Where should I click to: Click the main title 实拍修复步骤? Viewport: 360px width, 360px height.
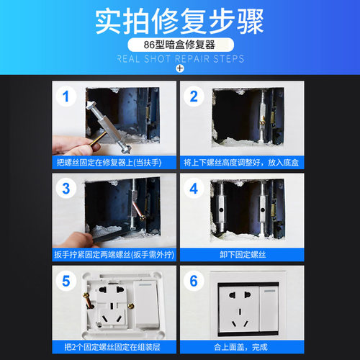[x=179, y=21]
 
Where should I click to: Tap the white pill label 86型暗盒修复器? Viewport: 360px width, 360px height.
[x=180, y=45]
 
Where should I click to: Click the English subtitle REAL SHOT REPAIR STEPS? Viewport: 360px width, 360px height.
[x=180, y=58]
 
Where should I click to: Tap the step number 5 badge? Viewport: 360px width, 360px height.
[x=67, y=280]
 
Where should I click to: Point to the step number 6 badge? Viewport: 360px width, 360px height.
[x=193, y=280]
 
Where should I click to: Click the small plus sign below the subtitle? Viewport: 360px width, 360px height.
[x=180, y=68]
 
